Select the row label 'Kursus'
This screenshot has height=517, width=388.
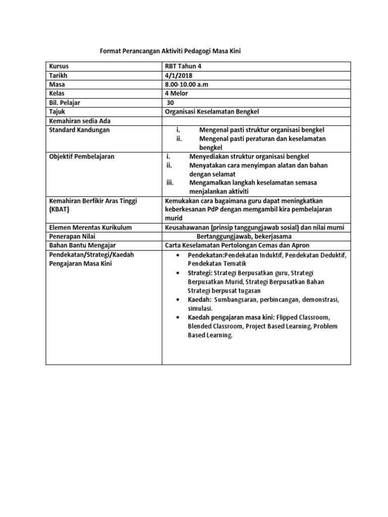click(59, 66)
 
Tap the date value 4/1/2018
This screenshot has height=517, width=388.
click(179, 75)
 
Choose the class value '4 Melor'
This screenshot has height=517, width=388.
click(177, 93)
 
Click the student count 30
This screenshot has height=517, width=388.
click(170, 102)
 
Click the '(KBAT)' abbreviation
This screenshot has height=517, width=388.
click(59, 209)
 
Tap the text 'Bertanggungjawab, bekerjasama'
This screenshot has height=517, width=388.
click(244, 237)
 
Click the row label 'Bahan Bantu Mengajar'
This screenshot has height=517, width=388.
click(81, 245)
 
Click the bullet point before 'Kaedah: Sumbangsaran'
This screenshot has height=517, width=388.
click(177, 299)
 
